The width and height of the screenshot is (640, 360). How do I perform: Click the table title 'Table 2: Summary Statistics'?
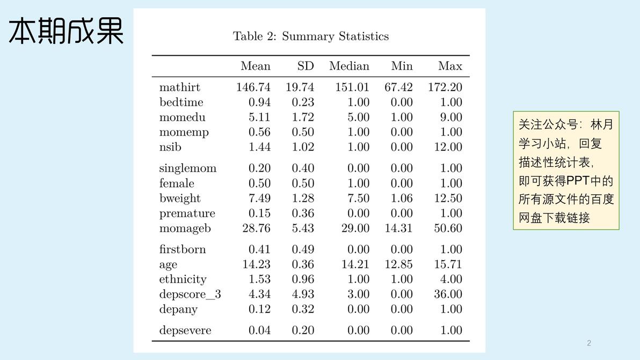(x=311, y=36)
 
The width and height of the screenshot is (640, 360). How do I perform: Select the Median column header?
(x=349, y=66)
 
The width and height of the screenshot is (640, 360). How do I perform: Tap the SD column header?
(x=306, y=66)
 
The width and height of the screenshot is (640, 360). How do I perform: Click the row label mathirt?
(x=179, y=87)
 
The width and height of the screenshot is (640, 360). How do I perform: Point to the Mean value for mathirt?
(x=253, y=87)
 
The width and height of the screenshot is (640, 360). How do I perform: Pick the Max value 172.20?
(x=445, y=87)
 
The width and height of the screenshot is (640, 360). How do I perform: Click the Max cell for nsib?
(x=448, y=147)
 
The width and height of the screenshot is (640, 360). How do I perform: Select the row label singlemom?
(x=188, y=168)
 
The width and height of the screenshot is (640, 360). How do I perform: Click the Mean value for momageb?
(x=256, y=229)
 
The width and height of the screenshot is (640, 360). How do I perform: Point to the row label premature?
(x=187, y=214)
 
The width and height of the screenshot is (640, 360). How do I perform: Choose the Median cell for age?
(x=355, y=264)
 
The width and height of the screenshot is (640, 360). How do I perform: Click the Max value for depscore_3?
(x=448, y=294)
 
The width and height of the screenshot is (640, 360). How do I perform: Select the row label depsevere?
(x=185, y=330)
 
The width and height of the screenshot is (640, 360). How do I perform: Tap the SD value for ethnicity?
(x=303, y=280)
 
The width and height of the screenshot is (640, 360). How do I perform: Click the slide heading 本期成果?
(x=66, y=31)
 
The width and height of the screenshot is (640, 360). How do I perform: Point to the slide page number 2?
(x=589, y=343)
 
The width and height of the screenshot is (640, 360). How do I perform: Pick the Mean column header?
(x=256, y=66)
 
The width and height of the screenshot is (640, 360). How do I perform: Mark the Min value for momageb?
(x=398, y=229)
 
